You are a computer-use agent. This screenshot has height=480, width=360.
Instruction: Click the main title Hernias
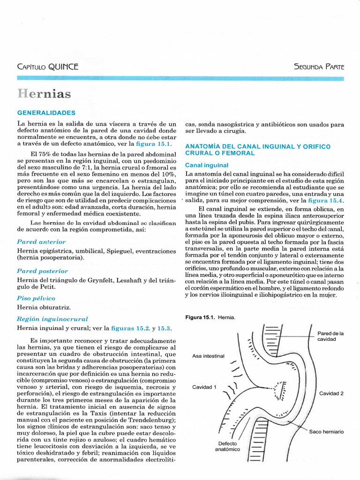coord(45,94)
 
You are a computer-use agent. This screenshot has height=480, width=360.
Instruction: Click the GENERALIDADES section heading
coord(46,113)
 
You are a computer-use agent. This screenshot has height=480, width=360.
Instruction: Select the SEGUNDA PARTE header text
coord(319,67)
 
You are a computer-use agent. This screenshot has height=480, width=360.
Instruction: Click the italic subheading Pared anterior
coord(41,242)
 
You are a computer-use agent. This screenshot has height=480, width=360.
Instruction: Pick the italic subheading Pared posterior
coord(42,271)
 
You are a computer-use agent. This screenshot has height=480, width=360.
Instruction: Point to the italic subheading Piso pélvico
coord(36,298)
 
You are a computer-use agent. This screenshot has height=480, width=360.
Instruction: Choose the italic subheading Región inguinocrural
coord(52,319)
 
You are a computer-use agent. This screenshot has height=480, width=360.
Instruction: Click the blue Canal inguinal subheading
coord(206,165)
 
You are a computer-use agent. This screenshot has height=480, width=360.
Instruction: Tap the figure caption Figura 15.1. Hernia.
coord(210,318)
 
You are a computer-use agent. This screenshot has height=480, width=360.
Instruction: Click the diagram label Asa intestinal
coord(209,356)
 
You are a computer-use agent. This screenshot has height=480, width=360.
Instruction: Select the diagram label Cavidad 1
coord(204,387)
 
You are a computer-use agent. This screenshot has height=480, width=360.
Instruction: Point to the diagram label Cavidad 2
coord(331,393)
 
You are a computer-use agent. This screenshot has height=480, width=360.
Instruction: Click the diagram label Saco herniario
coord(326,431)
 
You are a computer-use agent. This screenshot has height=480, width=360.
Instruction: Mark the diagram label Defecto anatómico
coord(227,446)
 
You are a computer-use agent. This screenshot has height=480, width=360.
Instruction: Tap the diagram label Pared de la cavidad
coord(330,336)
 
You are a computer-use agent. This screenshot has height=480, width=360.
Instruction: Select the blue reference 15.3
coord(164,328)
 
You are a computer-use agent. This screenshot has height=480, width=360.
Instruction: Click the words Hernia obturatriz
coord(44,307)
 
